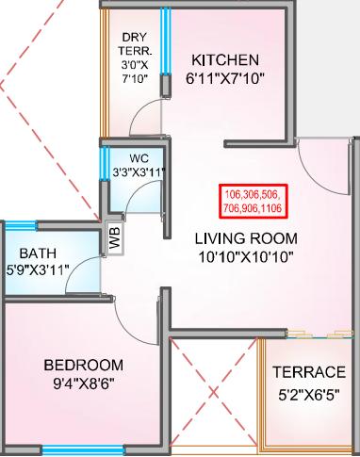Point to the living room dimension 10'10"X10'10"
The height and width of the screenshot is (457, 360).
pos(246,257)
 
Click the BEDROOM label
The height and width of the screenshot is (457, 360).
pos(83,364)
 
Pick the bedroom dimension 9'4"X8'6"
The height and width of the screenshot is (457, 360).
pos(83,384)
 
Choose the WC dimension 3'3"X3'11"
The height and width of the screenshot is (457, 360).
pos(138,171)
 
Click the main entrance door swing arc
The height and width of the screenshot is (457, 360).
pos(320,160)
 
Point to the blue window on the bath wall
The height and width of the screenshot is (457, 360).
pos(21,226)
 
